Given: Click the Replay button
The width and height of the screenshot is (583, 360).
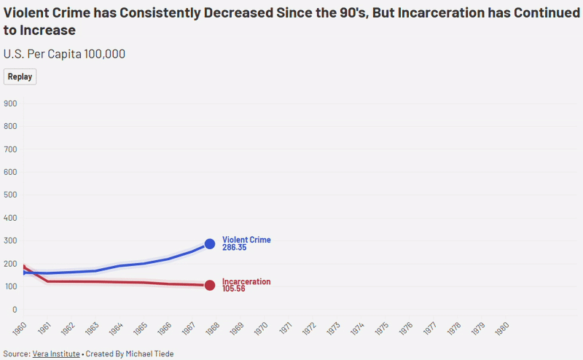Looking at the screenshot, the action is pyautogui.click(x=20, y=77).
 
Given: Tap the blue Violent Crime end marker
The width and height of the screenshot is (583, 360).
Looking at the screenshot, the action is pyautogui.click(x=210, y=244).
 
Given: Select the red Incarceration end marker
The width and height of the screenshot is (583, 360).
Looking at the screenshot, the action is pyautogui.click(x=210, y=285).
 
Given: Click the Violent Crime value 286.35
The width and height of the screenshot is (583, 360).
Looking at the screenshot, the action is pyautogui.click(x=234, y=248).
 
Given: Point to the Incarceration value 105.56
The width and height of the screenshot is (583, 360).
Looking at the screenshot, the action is pyautogui.click(x=233, y=289).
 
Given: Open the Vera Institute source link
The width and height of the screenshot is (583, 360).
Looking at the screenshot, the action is pyautogui.click(x=56, y=353).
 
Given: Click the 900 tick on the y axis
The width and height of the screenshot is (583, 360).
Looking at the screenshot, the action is pyautogui.click(x=10, y=103).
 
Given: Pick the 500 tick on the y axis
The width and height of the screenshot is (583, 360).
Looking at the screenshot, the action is pyautogui.click(x=10, y=195).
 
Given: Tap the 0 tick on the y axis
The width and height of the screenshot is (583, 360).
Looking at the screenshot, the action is pyautogui.click(x=15, y=310).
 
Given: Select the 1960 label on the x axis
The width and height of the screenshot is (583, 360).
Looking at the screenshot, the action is pyautogui.click(x=20, y=329).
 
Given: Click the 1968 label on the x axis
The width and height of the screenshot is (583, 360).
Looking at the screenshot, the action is pyautogui.click(x=213, y=329).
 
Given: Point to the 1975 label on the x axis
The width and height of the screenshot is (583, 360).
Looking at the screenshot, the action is pyautogui.click(x=382, y=329).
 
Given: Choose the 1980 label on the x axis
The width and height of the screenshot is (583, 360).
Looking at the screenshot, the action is pyautogui.click(x=502, y=329).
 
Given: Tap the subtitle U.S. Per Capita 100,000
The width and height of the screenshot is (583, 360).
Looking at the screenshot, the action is pyautogui.click(x=64, y=54).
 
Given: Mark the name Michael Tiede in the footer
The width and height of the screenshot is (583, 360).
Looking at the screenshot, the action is pyautogui.click(x=149, y=353).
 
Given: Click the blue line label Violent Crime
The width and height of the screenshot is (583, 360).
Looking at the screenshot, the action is pyautogui.click(x=246, y=240).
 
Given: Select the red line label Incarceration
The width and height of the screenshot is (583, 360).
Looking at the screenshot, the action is pyautogui.click(x=246, y=281).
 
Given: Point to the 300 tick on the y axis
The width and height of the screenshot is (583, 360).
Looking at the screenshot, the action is pyautogui.click(x=10, y=240).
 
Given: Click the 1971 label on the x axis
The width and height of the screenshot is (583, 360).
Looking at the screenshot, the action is pyautogui.click(x=285, y=329).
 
